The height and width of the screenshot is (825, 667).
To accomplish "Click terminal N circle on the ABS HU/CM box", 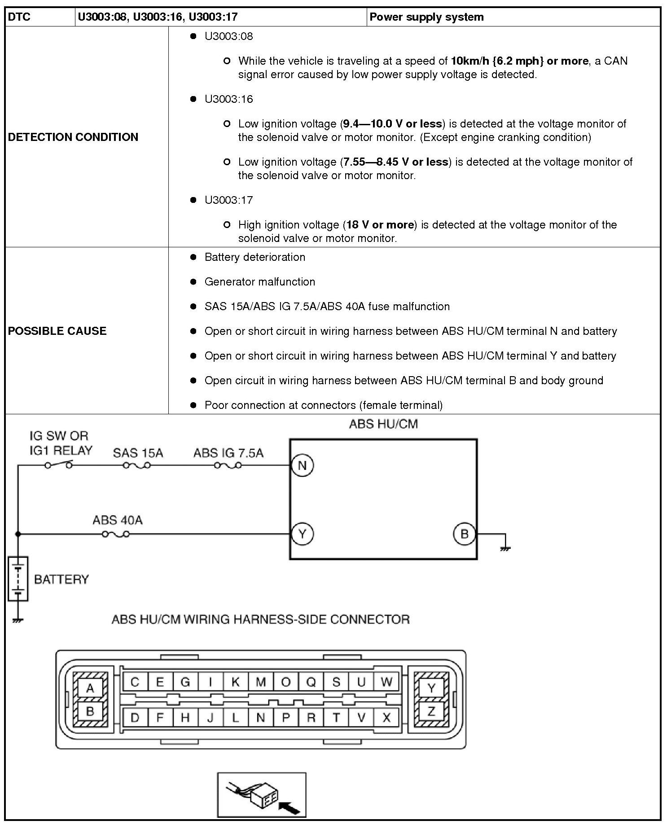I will (302, 465).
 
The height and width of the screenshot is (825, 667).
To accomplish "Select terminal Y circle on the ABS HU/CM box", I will (302, 534).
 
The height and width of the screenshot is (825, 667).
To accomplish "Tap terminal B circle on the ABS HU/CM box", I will (464, 534).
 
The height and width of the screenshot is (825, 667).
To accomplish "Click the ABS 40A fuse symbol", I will (116, 534).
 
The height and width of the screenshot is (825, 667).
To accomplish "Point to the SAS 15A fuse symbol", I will (137, 465).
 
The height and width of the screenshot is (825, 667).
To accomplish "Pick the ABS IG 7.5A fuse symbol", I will (228, 465).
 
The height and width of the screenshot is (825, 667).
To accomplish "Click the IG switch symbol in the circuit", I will (58, 465).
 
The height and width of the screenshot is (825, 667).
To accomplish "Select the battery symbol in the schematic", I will (18, 579).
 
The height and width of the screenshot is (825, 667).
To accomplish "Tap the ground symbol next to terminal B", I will (505, 548).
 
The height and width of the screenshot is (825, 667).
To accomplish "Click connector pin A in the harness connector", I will (90, 688).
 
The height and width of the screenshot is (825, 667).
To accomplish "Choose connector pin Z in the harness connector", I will (431, 711).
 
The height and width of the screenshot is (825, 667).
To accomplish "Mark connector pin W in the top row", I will (386, 682).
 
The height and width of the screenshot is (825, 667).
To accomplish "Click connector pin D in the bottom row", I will (135, 717).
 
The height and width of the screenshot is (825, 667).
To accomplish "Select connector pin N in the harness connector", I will (260, 717).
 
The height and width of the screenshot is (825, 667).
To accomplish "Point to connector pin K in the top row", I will (235, 682).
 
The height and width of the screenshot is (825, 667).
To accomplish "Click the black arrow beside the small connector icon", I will (290, 807).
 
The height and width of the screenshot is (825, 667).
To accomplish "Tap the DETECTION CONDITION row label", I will (73, 137).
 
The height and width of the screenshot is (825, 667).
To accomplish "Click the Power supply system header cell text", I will (426, 17).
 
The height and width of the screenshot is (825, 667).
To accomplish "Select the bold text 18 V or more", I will (380, 224).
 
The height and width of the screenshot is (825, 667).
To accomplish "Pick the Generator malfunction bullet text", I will (259, 281).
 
